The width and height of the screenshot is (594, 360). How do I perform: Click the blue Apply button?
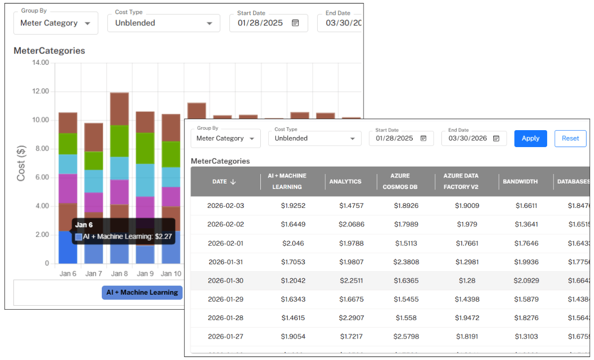coord(530,138)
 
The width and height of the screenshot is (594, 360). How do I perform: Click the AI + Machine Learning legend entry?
coord(142,292)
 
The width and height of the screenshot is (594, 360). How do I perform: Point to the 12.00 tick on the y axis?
coord(38,91)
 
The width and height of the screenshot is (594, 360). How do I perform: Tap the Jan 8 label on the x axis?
coord(119,274)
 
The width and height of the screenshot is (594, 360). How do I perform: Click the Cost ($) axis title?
coord(21,163)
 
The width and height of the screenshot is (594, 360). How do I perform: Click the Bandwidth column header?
coord(520,181)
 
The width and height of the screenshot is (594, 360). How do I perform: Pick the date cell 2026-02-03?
coord(225,205)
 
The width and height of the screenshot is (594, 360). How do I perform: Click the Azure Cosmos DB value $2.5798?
coord(405,337)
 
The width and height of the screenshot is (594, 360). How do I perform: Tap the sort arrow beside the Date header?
coord(233,182)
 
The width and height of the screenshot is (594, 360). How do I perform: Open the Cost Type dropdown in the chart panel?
coord(164,23)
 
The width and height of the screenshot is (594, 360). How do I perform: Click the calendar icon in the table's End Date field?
coord(496,138)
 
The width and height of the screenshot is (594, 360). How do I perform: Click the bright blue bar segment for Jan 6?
coord(68,249)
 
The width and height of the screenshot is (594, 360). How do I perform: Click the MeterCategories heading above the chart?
coord(49,51)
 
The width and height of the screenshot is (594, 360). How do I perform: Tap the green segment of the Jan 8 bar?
coord(119,141)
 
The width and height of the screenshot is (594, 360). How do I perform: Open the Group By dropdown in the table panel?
coord(225,138)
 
